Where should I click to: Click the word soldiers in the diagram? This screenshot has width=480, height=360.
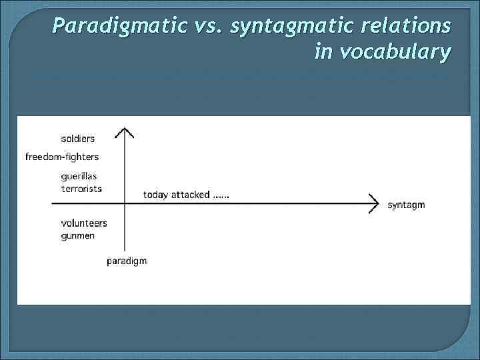pyautogui.click(x=77, y=139)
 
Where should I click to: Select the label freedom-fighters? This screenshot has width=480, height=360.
pyautogui.click(x=62, y=157)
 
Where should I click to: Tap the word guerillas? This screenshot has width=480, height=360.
pyautogui.click(x=79, y=176)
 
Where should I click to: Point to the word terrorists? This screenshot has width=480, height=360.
pyautogui.click(x=81, y=189)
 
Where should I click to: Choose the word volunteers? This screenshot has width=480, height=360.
pyautogui.click(x=83, y=223)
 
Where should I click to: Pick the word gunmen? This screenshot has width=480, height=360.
pyautogui.click(x=77, y=235)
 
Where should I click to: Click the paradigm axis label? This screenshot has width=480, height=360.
pyautogui.click(x=127, y=261)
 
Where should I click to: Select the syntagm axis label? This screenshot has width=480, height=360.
pyautogui.click(x=406, y=205)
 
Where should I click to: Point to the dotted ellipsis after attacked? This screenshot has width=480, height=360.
pyautogui.click(x=221, y=196)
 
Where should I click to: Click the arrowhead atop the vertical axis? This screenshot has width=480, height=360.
pyautogui.click(x=124, y=131)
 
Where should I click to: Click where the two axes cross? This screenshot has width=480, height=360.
pyautogui.click(x=124, y=203)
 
